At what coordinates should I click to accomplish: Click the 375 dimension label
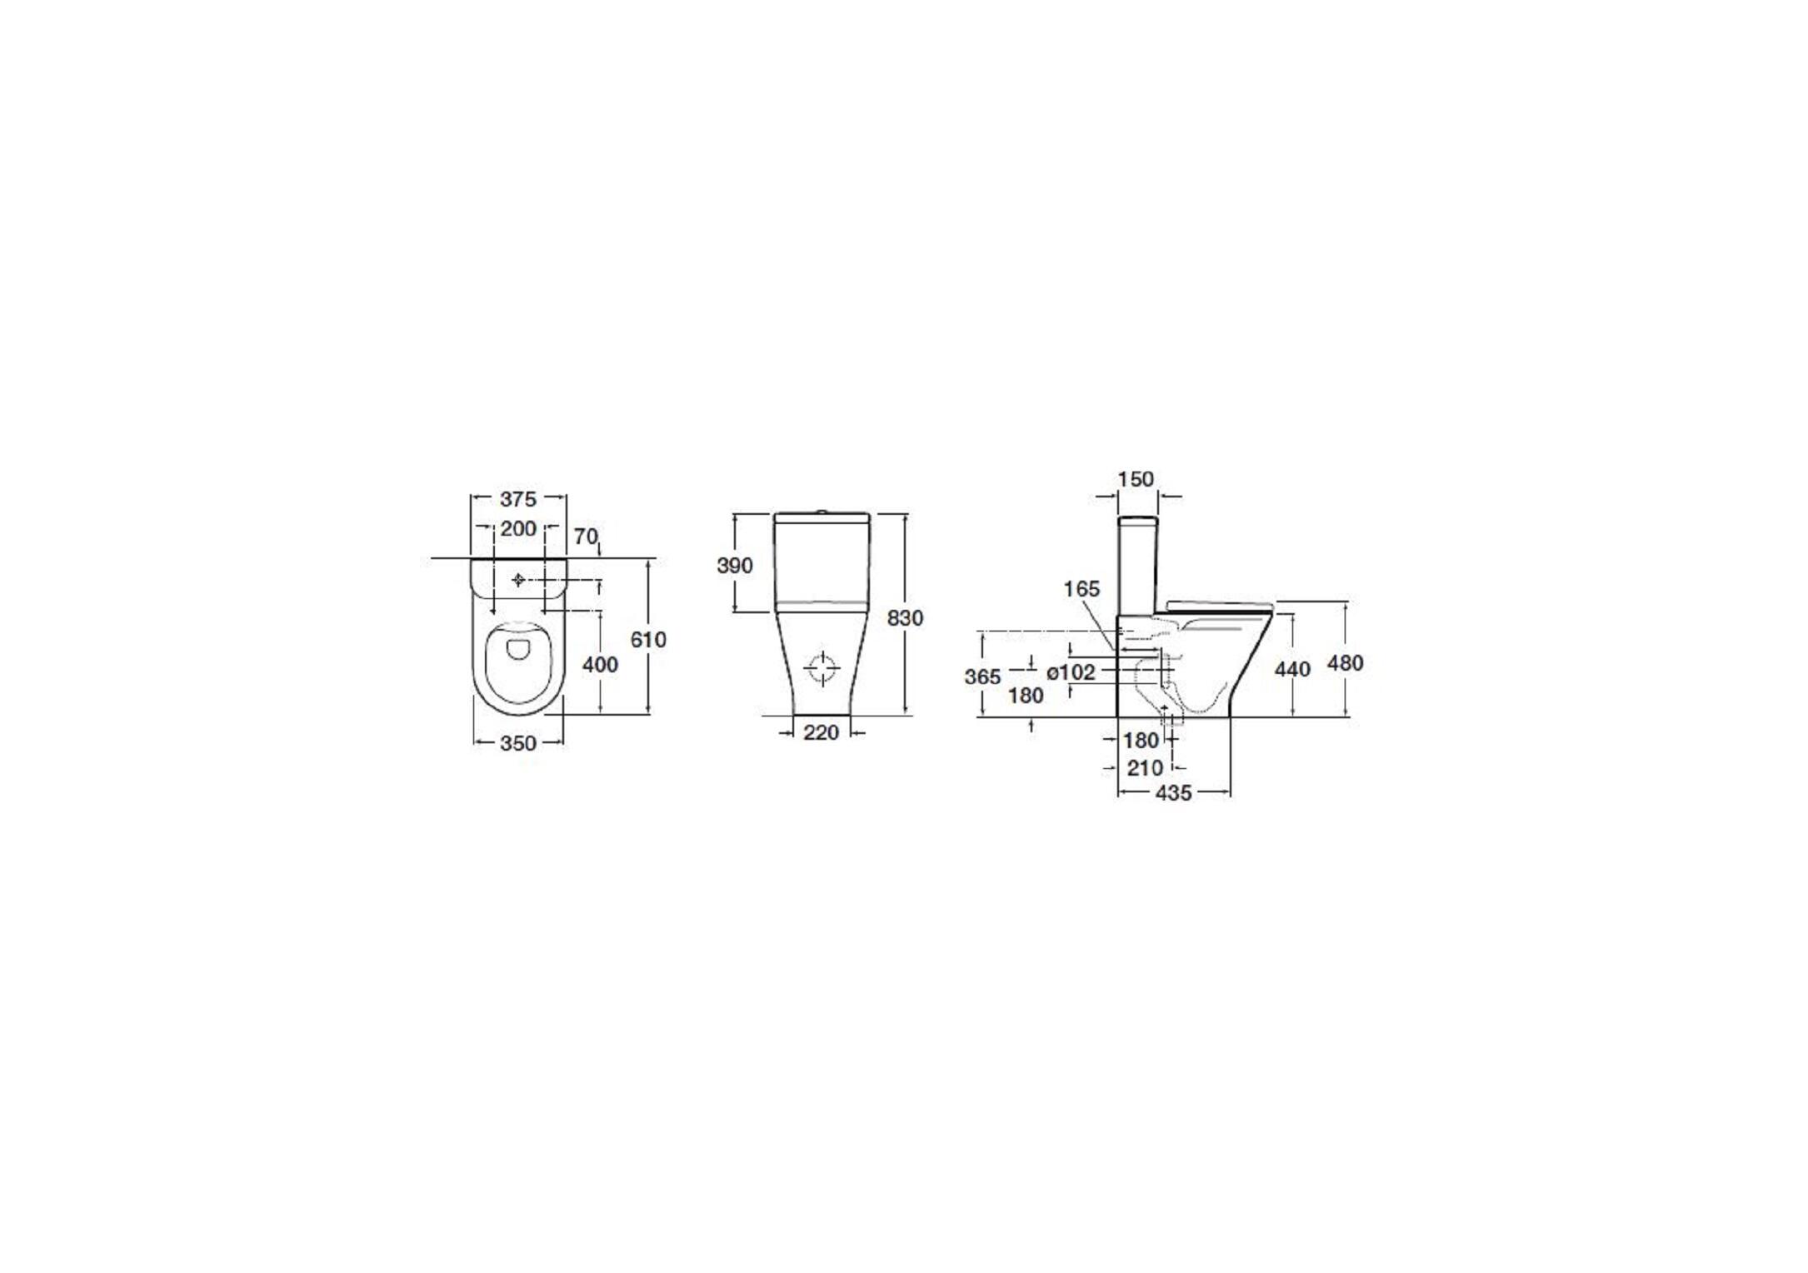pos(517,499)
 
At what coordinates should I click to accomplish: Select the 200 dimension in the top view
pos(517,529)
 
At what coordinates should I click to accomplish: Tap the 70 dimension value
pos(586,537)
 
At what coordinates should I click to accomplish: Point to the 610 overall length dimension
pos(648,640)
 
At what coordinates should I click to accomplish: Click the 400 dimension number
pos(600,665)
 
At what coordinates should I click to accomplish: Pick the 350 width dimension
pos(517,743)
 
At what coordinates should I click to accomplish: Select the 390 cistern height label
pos(735,566)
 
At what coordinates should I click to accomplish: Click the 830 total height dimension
pos(905,618)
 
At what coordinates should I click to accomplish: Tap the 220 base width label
pos(821,733)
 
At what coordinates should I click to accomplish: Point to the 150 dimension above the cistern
pos(1136,479)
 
